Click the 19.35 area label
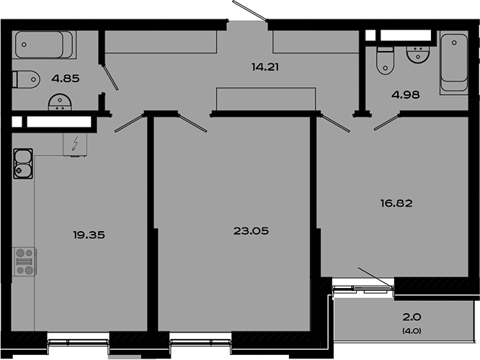tap(85, 234)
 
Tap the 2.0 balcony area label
tap(412, 316)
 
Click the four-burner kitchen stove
tap(25, 261)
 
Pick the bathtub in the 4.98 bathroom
tap(454, 63)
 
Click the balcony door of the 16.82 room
tap(375, 278)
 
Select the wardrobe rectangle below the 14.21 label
tap(266, 99)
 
